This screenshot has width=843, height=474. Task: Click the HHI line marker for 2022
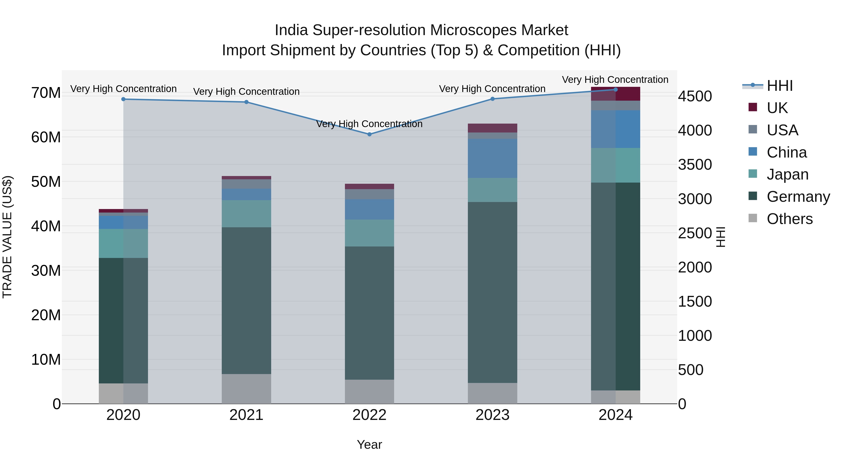pos(370,134)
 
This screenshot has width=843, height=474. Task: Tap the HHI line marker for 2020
pos(123,99)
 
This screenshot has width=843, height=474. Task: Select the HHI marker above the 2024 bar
pos(616,90)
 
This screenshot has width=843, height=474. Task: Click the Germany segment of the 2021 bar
pos(246,300)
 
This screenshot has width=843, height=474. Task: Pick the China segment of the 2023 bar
pos(492,158)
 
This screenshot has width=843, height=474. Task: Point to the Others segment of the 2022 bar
pos(370,392)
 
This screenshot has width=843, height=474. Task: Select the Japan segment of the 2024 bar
pos(616,165)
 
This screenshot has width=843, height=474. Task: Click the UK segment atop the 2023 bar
pos(492,128)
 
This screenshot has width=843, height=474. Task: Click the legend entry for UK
pos(777,108)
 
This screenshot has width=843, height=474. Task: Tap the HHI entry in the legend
pos(780,86)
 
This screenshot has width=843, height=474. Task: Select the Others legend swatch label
pos(789,219)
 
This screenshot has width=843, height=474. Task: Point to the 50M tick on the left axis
pos(46,182)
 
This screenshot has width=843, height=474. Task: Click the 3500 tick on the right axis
pos(695,165)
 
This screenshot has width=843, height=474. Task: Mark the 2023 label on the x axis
pos(492,415)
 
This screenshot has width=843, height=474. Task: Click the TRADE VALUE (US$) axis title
pos(7,237)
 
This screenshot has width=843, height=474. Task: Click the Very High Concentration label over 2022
pos(370,124)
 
